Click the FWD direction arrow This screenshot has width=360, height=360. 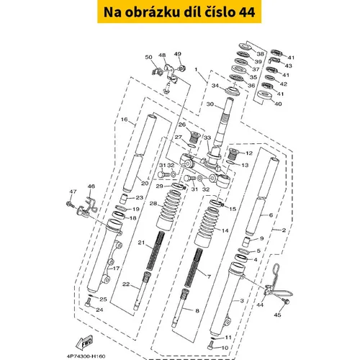coord(84,343)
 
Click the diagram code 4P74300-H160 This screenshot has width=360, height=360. coord(86,356)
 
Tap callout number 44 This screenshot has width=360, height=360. coord(260,305)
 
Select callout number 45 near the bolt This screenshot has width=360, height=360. coord(277,315)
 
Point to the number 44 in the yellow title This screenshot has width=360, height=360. coord(247,12)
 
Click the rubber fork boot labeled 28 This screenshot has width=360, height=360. coord(166,210)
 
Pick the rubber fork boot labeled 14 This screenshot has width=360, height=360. coord(204,228)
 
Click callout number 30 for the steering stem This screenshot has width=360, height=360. coord(210,104)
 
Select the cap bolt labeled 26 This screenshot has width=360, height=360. coord(194,136)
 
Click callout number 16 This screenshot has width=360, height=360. coord(124,120)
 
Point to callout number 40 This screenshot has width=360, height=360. coord(278,104)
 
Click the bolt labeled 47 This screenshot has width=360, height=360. coord(70,204)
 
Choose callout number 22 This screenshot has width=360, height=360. coord(126,284)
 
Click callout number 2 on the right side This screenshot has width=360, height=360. coord(284,230)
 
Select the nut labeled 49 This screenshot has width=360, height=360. coord(181,68)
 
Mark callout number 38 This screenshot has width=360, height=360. coord(260,54)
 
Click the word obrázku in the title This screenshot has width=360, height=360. coord(152,12)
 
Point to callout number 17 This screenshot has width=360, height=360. coord(116,269)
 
